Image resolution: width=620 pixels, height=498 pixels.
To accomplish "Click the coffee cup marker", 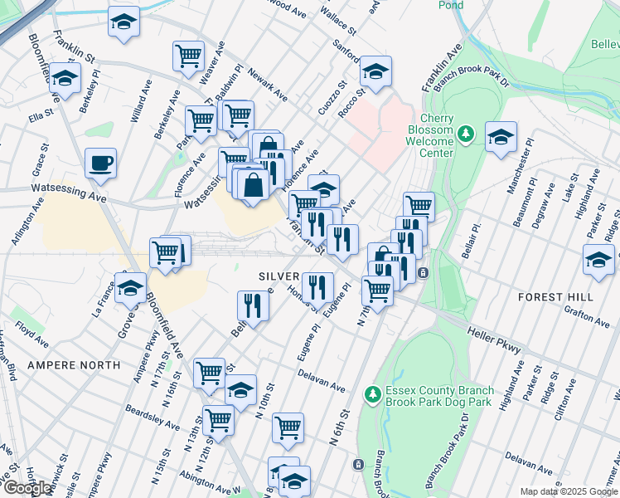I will point(100,164).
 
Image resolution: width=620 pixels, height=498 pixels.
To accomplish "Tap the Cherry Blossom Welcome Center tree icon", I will point(467,133).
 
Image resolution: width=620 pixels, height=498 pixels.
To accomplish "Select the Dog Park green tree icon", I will point(373,392).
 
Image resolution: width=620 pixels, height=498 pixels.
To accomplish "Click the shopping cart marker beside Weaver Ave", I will point(188,56).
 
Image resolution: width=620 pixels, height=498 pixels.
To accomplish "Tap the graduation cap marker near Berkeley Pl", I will point(64,78).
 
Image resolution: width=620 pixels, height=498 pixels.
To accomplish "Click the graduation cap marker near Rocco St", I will point(375,71).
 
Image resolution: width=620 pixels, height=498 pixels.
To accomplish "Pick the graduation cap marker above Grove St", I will point(130,288).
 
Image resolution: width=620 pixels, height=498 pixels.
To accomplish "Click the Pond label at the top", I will point(451,5).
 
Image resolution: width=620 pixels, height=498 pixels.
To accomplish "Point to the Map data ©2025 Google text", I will point(568,491).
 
